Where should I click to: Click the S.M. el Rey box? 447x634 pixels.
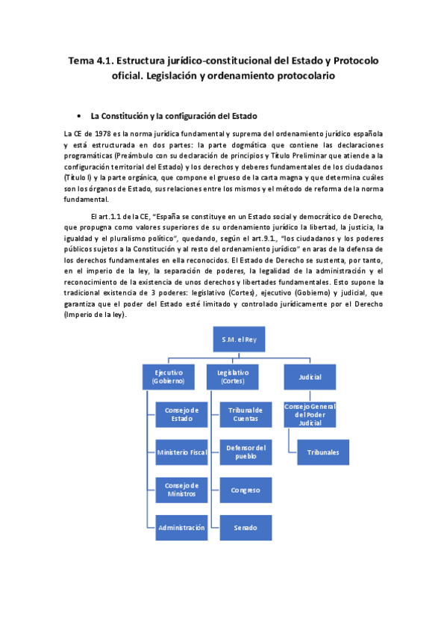(x=239, y=339)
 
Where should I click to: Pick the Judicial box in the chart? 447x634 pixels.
(x=310, y=376)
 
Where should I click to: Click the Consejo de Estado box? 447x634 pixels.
(x=182, y=414)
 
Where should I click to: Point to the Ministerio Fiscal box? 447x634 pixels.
(x=182, y=452)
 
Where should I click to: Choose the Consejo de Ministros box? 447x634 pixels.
(x=182, y=489)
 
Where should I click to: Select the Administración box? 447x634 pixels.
(x=182, y=527)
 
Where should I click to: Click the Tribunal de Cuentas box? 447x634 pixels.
(x=246, y=414)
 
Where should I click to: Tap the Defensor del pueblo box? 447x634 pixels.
(x=246, y=452)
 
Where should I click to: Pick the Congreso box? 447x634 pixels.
(x=246, y=489)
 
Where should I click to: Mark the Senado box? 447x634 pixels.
(x=246, y=527)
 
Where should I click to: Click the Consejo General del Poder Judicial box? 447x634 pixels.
(x=310, y=414)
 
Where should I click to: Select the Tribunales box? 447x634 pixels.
(x=322, y=452)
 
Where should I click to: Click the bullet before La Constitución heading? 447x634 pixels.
(x=79, y=117)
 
